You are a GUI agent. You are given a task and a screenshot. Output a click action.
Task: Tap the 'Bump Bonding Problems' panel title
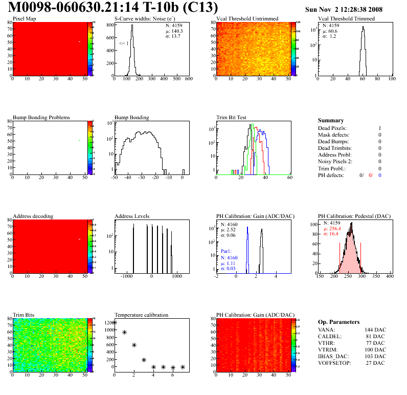(x=41, y=117)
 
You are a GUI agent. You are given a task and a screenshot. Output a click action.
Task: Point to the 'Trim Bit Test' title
(x=232, y=117)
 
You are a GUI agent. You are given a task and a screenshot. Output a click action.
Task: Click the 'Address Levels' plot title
(x=132, y=216)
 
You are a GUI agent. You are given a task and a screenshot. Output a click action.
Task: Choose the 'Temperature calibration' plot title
(x=141, y=315)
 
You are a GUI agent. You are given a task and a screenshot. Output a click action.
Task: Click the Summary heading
(x=331, y=120)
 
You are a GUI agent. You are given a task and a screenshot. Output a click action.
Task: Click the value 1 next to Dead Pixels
(x=380, y=128)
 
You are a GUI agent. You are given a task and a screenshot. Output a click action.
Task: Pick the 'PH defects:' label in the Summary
(x=331, y=175)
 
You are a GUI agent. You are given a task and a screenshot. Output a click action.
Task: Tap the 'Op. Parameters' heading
(x=338, y=322)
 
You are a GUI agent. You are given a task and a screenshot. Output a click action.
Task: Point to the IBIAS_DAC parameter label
(x=334, y=357)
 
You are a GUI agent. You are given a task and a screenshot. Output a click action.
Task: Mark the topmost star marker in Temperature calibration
(x=115, y=322)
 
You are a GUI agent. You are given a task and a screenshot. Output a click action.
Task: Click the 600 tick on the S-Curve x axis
(x=188, y=79)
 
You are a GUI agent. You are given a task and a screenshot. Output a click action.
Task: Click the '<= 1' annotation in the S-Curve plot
(x=124, y=43)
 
